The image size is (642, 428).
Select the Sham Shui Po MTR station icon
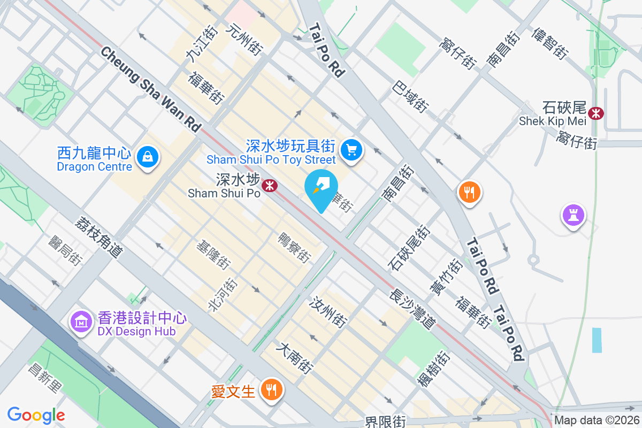pyautogui.click(x=269, y=186)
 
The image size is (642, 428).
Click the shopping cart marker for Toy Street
pyautogui.click(x=351, y=150)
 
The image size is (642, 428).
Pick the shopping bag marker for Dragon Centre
pyautogui.click(x=146, y=157)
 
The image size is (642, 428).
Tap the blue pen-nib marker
pyautogui.click(x=321, y=187)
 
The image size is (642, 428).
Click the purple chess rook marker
pyautogui.click(x=573, y=216)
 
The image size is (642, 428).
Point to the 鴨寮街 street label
pyautogui.click(x=294, y=248)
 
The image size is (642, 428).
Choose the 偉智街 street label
pyautogui.click(x=549, y=43)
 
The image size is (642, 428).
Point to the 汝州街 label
pyautogui.click(x=327, y=312)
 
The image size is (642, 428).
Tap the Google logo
pyautogui.click(x=36, y=415)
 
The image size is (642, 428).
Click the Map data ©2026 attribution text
pyautogui.click(x=596, y=421)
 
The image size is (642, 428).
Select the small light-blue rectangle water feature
pyautogui.click(x=597, y=340)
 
